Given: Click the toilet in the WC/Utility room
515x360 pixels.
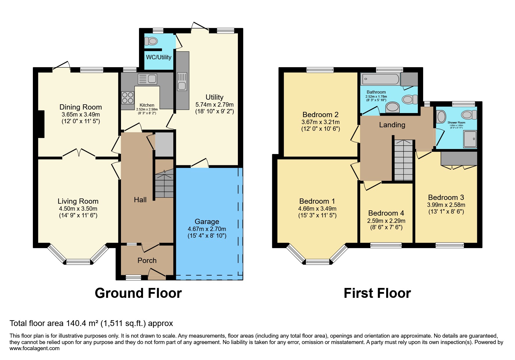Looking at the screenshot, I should coord(151,41).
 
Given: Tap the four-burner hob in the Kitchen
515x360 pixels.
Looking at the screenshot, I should coord(127,97).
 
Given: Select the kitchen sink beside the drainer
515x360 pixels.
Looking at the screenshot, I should coord(152,79).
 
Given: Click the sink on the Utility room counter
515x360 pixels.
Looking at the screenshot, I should coord(182,86).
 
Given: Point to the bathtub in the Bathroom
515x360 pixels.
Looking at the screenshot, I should coord(380,79).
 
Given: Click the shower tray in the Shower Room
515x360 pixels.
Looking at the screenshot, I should coord(470,139).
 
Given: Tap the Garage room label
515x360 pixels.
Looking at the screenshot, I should coord(207,222).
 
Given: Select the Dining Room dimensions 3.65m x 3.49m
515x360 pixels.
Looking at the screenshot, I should coord(81,114).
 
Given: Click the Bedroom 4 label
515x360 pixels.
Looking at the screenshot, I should coord(386,213).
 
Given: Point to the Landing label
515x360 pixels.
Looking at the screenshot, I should coord(392,125).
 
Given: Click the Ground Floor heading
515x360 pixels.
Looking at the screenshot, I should coord(138,293).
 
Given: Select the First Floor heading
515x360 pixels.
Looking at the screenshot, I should coord(377,293).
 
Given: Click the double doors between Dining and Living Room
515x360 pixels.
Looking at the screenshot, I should coord(79,153).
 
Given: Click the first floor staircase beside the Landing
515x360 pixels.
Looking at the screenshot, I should coord(403,160).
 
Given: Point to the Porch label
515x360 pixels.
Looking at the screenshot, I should coord(147,261).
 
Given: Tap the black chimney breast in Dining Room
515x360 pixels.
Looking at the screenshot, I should coord(41,124).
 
